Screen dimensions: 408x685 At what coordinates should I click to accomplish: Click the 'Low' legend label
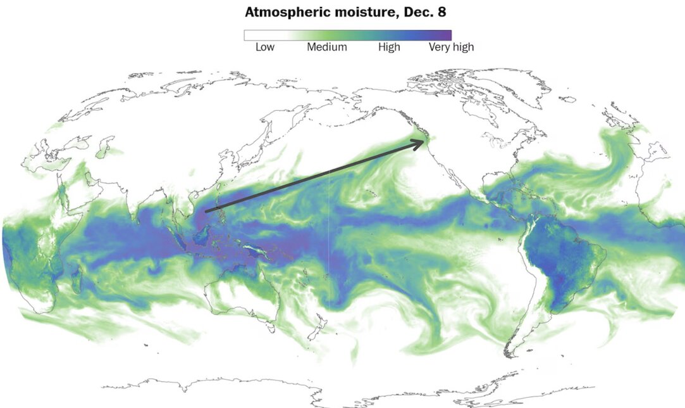click(265, 47)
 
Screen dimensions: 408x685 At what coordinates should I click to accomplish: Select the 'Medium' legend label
click(326, 47)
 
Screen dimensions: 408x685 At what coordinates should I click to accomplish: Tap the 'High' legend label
click(389, 47)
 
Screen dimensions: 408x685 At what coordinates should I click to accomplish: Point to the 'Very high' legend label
click(451, 47)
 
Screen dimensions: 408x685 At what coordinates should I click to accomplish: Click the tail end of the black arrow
click(207, 210)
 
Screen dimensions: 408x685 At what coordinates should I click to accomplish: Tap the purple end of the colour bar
click(447, 35)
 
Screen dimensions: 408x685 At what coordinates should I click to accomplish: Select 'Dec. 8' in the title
click(429, 12)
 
